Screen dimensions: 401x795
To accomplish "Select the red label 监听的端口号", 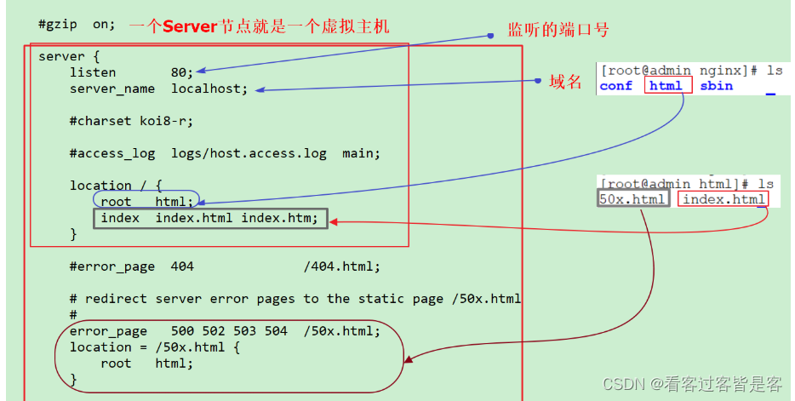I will pyautogui.click(x=558, y=30).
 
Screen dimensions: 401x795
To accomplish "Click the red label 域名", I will pyautogui.click(x=566, y=82).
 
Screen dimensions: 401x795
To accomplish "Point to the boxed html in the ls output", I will pyautogui.click(x=666, y=86).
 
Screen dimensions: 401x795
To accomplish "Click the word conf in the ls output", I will pyautogui.click(x=615, y=86).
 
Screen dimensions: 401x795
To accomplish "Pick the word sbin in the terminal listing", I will pyautogui.click(x=716, y=86).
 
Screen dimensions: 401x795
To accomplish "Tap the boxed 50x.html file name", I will pyautogui.click(x=632, y=199).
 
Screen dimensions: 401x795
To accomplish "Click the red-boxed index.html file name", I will pyautogui.click(x=724, y=199).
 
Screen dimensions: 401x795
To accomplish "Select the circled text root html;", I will pyautogui.click(x=146, y=202).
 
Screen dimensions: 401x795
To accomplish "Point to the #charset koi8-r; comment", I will pyautogui.click(x=131, y=121).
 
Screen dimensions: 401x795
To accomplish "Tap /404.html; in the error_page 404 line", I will pyautogui.click(x=342, y=266).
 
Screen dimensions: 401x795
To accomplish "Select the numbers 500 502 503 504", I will pyautogui.click(x=228, y=331).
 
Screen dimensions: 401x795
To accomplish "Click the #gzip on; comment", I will pyautogui.click(x=77, y=25).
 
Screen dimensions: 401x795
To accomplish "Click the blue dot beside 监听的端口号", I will pyautogui.click(x=490, y=36).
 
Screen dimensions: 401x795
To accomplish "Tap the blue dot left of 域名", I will pyautogui.click(x=538, y=81).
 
